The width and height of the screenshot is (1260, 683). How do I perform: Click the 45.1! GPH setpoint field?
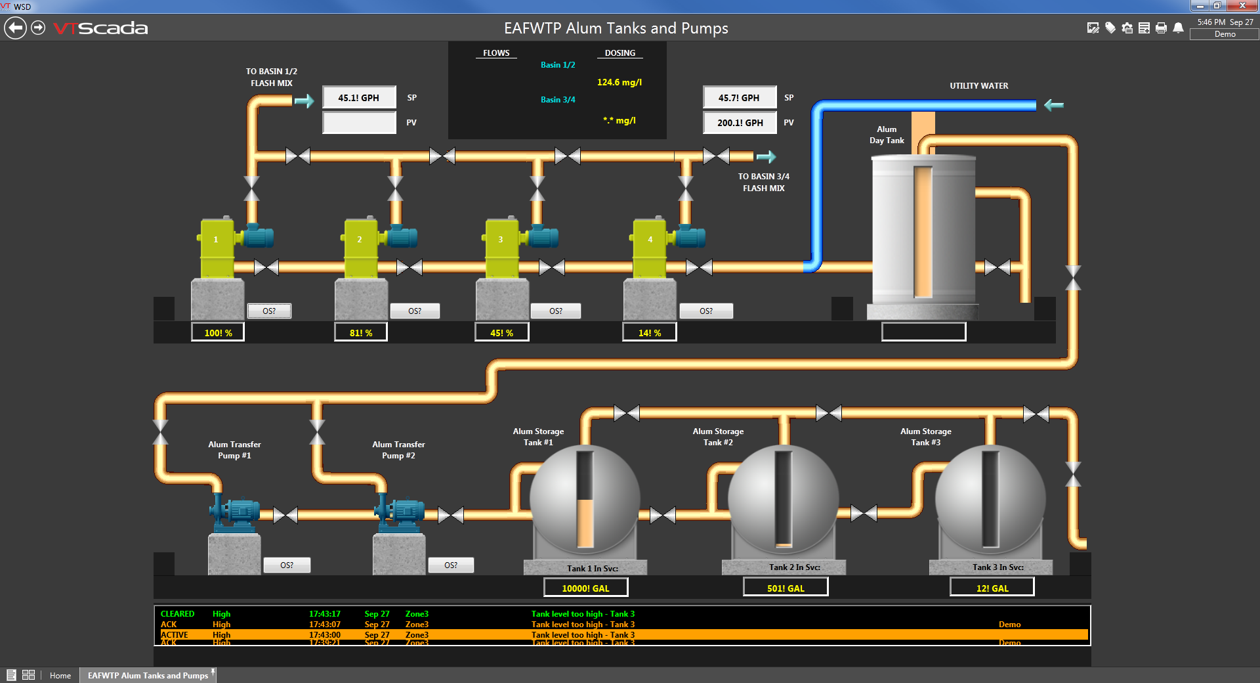359,98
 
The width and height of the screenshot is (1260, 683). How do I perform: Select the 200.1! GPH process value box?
740,123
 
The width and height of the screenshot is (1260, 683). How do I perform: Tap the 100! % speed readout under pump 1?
218,333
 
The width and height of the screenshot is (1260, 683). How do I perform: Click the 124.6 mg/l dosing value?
619,82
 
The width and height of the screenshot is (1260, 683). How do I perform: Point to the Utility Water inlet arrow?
1053,105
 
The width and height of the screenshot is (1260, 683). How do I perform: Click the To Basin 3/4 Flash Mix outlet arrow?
766,157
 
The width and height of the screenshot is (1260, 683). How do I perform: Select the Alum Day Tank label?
887,135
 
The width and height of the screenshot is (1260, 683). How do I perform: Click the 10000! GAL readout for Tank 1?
585,588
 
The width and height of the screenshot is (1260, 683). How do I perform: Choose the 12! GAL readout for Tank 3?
992,588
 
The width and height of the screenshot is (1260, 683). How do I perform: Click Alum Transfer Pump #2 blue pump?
400,512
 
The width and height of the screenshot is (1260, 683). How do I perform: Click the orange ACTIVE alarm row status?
175,635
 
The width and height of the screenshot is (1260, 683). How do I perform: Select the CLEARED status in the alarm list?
177,614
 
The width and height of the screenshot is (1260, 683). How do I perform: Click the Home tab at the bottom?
60,675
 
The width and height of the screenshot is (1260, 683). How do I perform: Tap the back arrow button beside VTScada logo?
15,28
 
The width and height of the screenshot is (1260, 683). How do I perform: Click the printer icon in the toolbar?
1161,28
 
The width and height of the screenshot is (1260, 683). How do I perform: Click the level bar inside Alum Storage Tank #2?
784,499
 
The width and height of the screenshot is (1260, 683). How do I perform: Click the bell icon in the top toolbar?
1178,28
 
